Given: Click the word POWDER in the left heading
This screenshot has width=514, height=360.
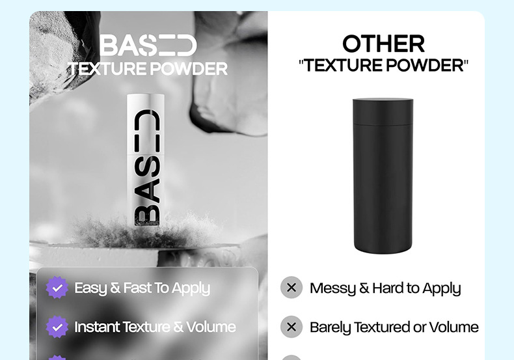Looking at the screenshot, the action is pos(189,69).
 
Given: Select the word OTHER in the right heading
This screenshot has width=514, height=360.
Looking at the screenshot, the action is pos(383,44).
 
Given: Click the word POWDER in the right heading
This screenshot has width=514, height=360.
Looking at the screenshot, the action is pos(425,66).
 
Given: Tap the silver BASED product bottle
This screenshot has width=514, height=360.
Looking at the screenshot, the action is pos(146,160).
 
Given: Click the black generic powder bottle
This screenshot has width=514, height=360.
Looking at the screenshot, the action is pos(383,176).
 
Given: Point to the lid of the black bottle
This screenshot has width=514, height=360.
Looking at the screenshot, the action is pos(383,111).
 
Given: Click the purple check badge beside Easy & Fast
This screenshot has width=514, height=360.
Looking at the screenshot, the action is pos(57,288).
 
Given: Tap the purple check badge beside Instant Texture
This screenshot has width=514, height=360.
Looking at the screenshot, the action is pos(57,327).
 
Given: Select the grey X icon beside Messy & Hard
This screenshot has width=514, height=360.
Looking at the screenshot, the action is pos(291,288).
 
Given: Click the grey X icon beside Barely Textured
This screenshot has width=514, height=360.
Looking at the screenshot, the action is pos(291,327).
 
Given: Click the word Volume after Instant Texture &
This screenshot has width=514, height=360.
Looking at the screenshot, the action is pos(211,327).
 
